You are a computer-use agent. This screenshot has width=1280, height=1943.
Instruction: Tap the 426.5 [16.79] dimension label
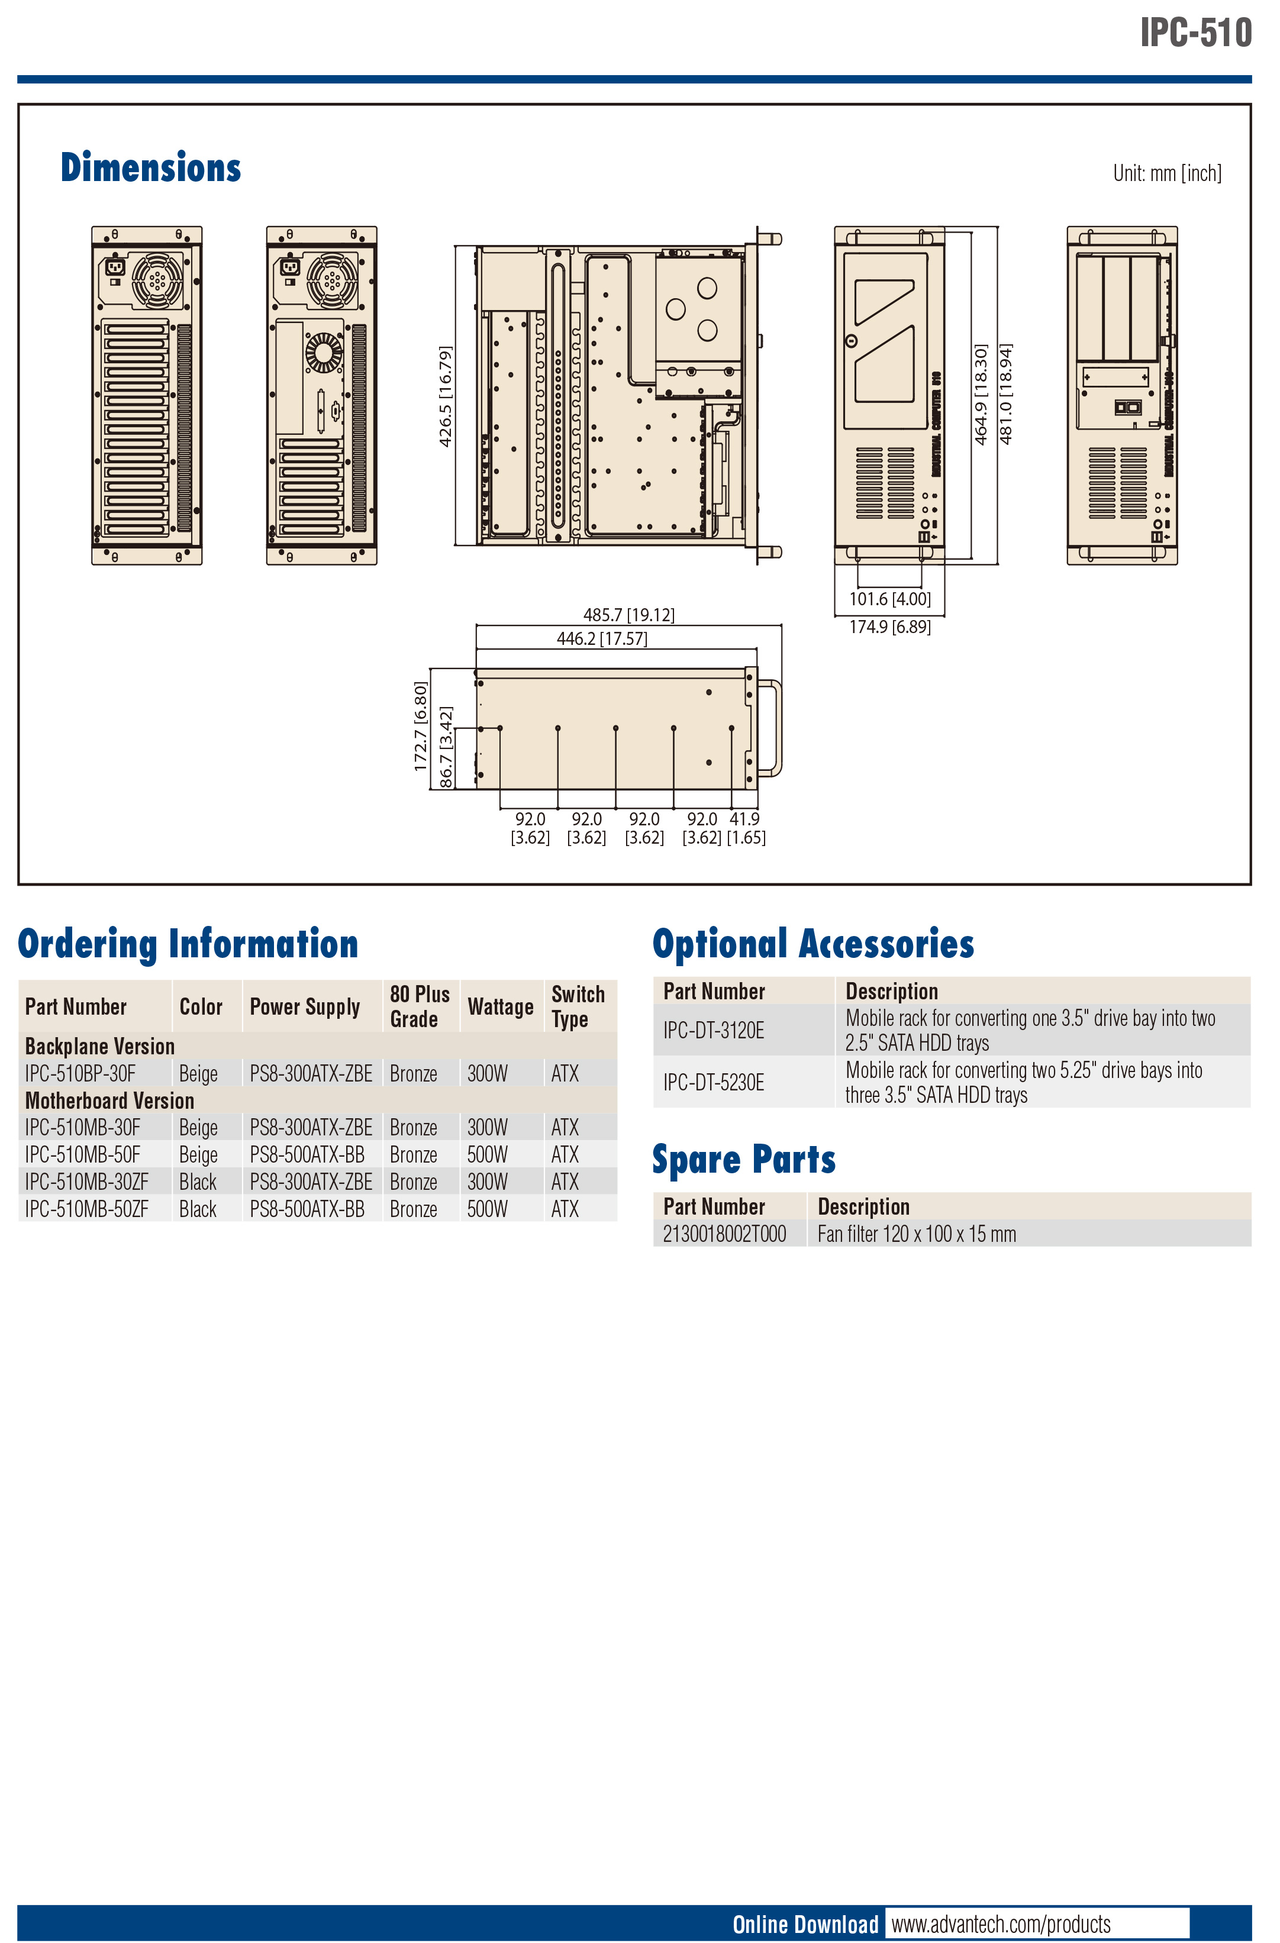(x=446, y=396)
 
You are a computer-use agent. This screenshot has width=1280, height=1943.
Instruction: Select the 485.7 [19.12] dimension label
(x=628, y=615)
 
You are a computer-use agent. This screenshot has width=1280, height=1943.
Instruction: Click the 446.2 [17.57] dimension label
(x=602, y=638)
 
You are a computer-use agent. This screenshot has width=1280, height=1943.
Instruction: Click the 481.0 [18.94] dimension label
(x=1006, y=393)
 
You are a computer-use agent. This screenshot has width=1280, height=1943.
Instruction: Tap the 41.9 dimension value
(x=744, y=819)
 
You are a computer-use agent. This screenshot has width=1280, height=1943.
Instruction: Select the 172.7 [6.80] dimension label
(x=420, y=727)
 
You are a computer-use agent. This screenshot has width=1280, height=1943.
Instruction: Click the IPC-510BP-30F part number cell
(x=80, y=1073)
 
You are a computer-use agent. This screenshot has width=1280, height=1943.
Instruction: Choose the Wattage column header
(x=501, y=1006)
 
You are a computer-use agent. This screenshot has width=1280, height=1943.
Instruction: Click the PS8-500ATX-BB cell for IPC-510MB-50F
(x=307, y=1154)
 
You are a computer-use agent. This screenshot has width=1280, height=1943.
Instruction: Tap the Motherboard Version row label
(x=109, y=1100)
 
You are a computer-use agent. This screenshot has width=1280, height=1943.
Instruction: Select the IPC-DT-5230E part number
(x=714, y=1083)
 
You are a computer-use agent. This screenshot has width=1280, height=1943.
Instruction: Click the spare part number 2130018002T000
(x=724, y=1234)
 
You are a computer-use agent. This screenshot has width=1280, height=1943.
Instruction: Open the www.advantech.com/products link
(x=1001, y=1924)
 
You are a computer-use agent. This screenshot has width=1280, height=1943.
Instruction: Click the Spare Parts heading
(x=744, y=1159)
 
